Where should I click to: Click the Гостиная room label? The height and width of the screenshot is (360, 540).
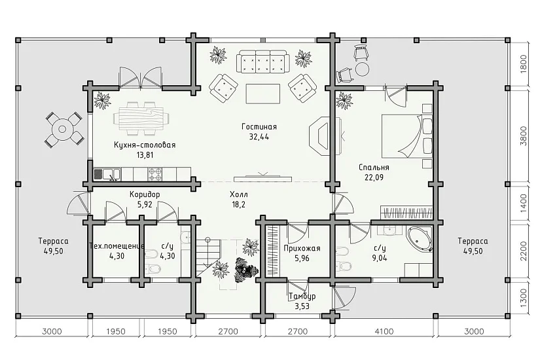[259, 127]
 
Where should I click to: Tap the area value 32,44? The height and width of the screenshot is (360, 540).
[259, 137]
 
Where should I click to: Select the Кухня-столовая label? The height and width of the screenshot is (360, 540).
[145, 145]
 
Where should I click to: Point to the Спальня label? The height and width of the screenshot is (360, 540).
[374, 168]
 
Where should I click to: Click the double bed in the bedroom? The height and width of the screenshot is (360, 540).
[407, 135]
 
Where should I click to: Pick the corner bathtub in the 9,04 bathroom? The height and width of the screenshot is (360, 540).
[420, 238]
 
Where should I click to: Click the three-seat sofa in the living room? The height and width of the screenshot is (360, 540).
[262, 62]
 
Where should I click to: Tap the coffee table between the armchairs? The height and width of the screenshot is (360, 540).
[262, 94]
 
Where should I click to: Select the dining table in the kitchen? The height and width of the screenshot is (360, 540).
[141, 118]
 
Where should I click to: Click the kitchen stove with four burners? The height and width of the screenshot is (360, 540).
[155, 174]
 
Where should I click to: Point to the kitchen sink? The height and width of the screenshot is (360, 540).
[107, 174]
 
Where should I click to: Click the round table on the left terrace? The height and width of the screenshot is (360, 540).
[62, 129]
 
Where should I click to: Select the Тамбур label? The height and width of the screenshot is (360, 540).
[302, 297]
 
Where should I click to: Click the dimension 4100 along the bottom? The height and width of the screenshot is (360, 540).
[384, 331]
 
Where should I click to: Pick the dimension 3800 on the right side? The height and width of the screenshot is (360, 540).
[524, 136]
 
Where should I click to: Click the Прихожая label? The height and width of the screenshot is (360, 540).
[302, 248]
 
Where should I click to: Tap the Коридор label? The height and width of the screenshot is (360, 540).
[145, 194]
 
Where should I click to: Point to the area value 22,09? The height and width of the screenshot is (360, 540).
[374, 178]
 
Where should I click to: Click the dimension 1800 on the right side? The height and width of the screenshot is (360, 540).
[524, 63]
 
